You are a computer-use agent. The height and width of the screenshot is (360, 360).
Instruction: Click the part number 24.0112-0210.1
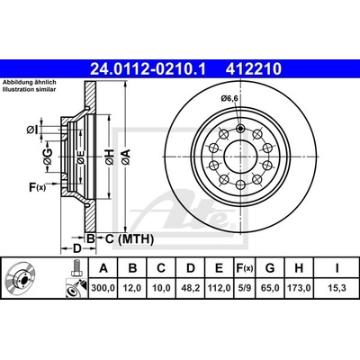148,68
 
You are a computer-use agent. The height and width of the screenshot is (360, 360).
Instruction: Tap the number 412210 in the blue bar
254,68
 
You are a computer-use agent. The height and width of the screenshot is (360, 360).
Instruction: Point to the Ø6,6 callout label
231,98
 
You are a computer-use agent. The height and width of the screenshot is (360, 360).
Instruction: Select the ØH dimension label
110,157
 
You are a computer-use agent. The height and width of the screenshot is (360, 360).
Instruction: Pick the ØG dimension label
48,157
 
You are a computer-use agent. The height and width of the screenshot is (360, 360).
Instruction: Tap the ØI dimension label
32,130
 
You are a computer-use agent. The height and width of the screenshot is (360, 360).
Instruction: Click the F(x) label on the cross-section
37,187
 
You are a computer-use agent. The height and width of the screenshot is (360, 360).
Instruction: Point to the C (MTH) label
130,239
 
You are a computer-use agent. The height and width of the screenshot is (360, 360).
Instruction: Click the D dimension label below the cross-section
77,248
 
